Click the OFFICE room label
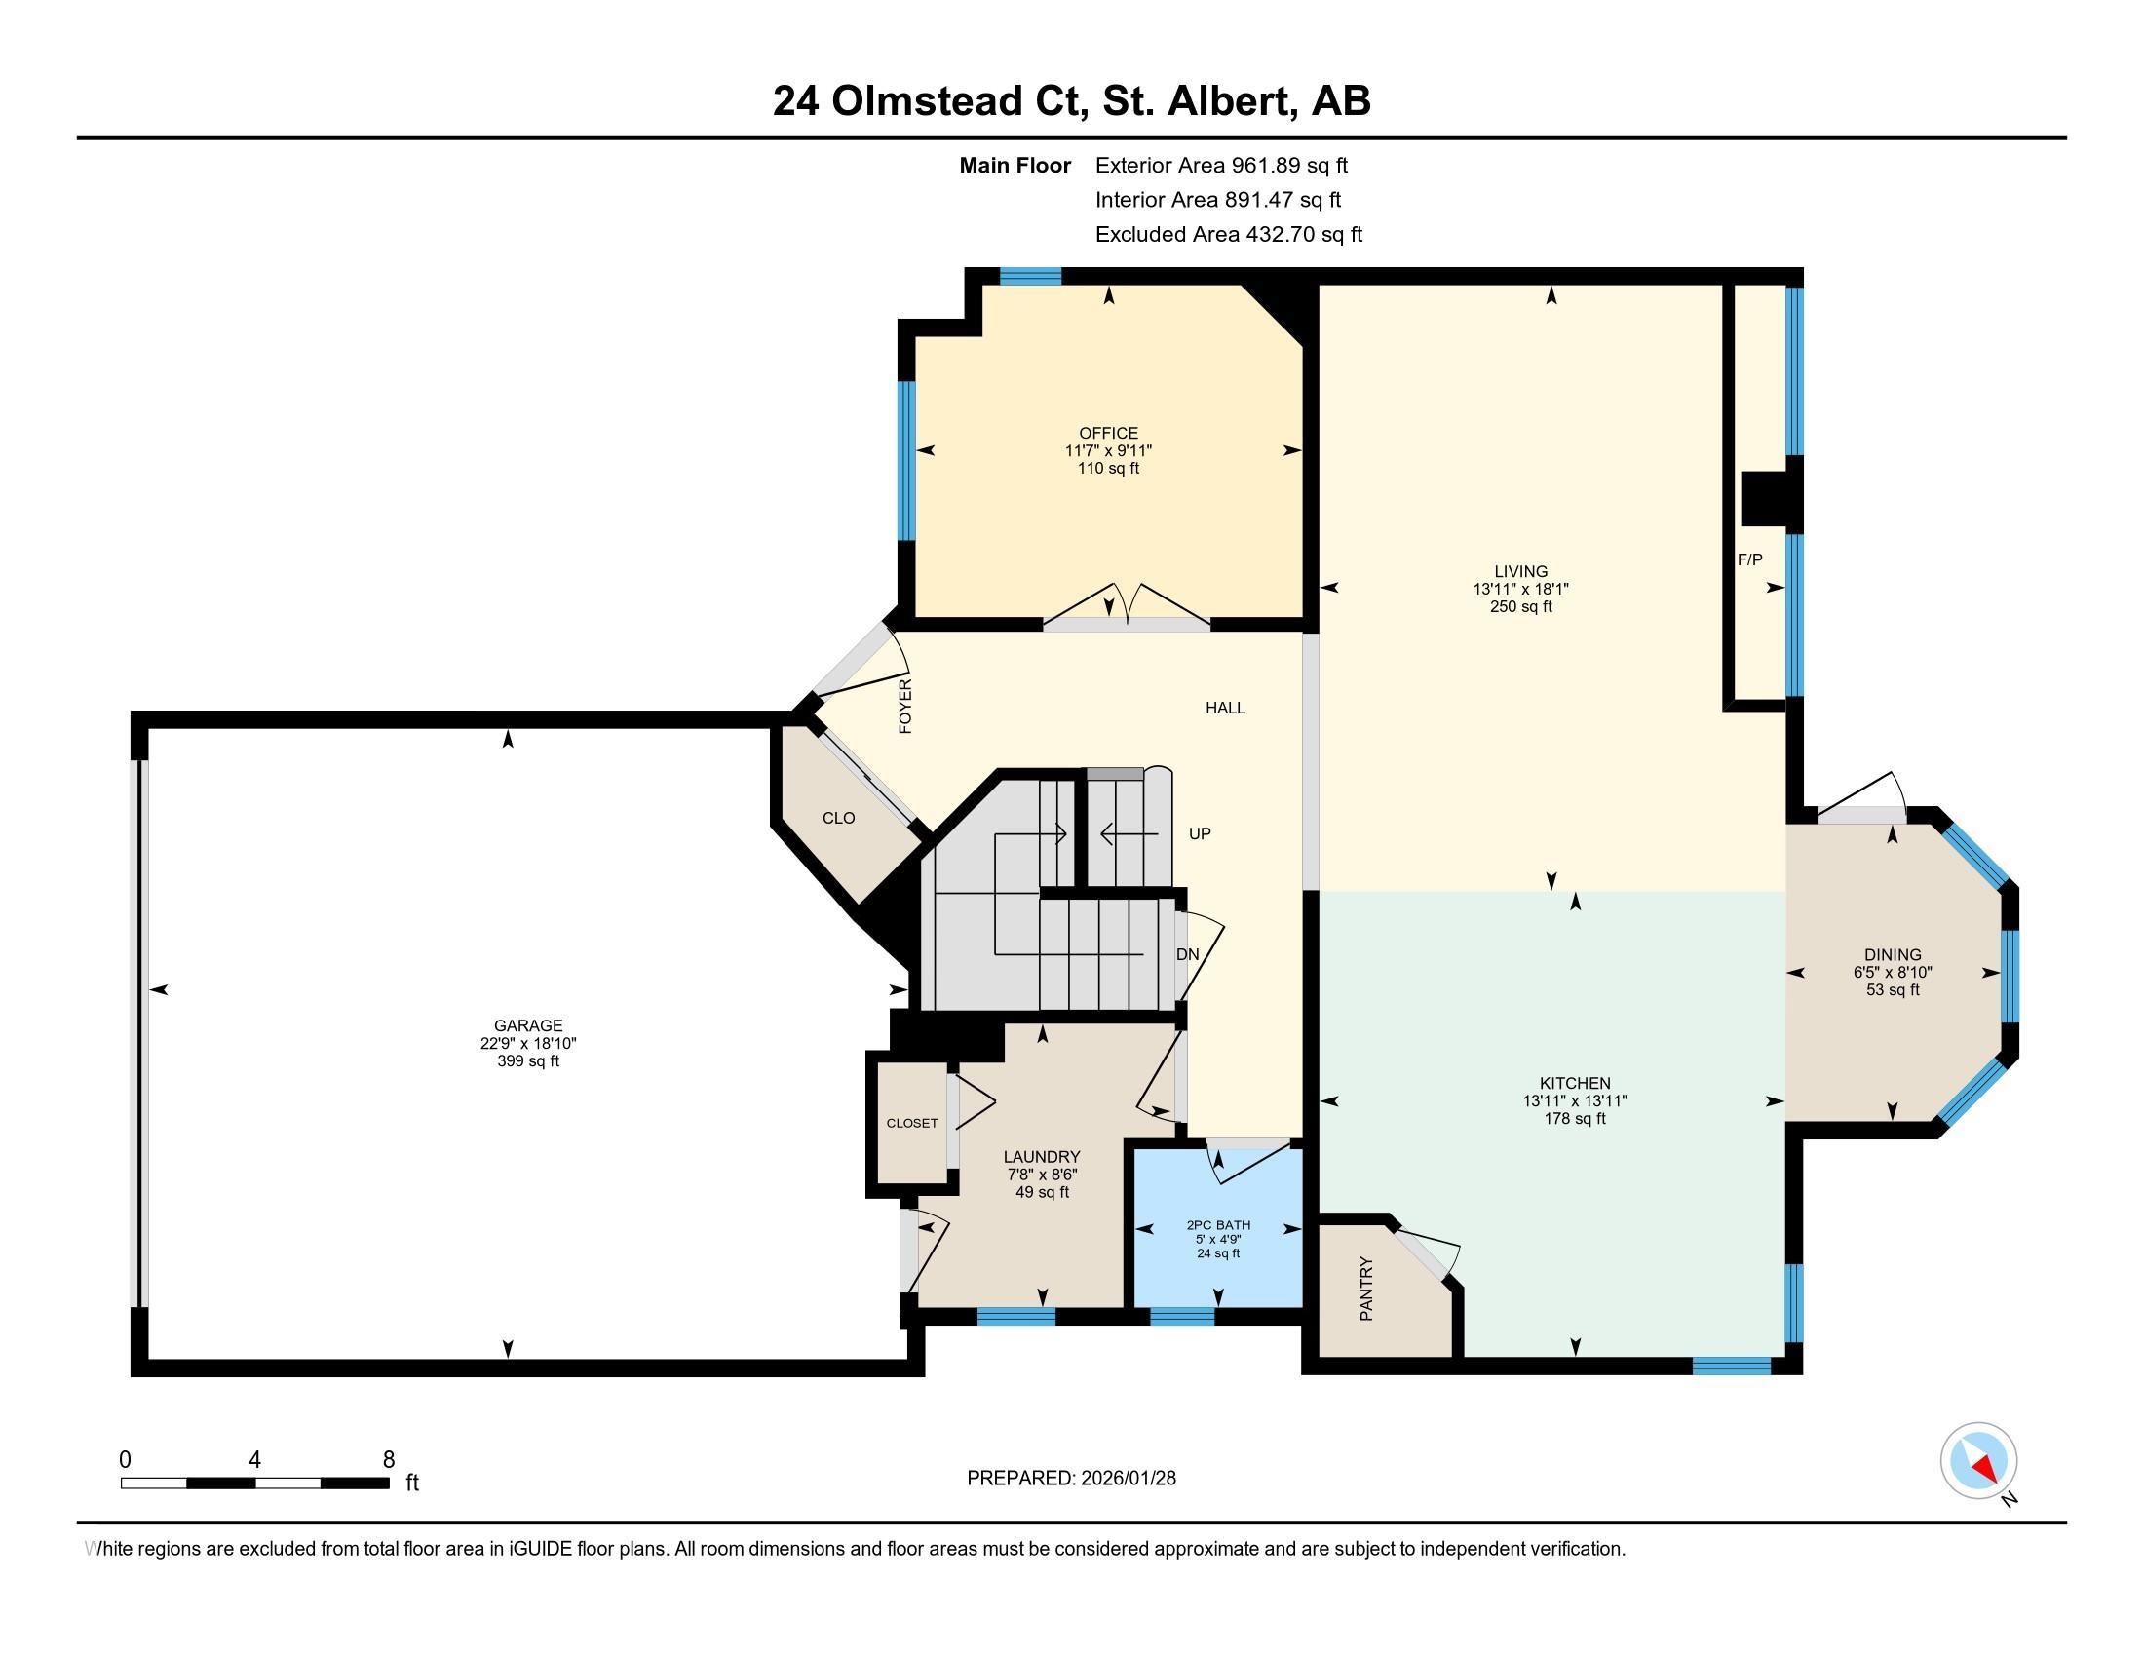pyautogui.click(x=1108, y=433)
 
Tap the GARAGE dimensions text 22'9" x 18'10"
pyautogui.click(x=528, y=1044)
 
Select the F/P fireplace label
pyautogui.click(x=1749, y=559)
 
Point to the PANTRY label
pyautogui.click(x=1365, y=1289)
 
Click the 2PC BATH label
pyautogui.click(x=1218, y=1224)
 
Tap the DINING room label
pyautogui.click(x=1892, y=954)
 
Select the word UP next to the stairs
pyautogui.click(x=1200, y=833)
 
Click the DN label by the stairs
pyautogui.click(x=1187, y=954)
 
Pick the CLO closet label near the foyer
pyautogui.click(x=838, y=818)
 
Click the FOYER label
pyautogui.click(x=905, y=706)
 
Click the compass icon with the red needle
pyautogui.click(x=1978, y=1461)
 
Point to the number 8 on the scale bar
pyautogui.click(x=389, y=1459)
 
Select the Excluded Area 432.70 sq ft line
pyautogui.click(x=1228, y=234)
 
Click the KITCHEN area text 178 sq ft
pyautogui.click(x=1574, y=1118)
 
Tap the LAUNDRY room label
pyautogui.click(x=1042, y=1156)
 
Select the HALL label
pyautogui.click(x=1224, y=707)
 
